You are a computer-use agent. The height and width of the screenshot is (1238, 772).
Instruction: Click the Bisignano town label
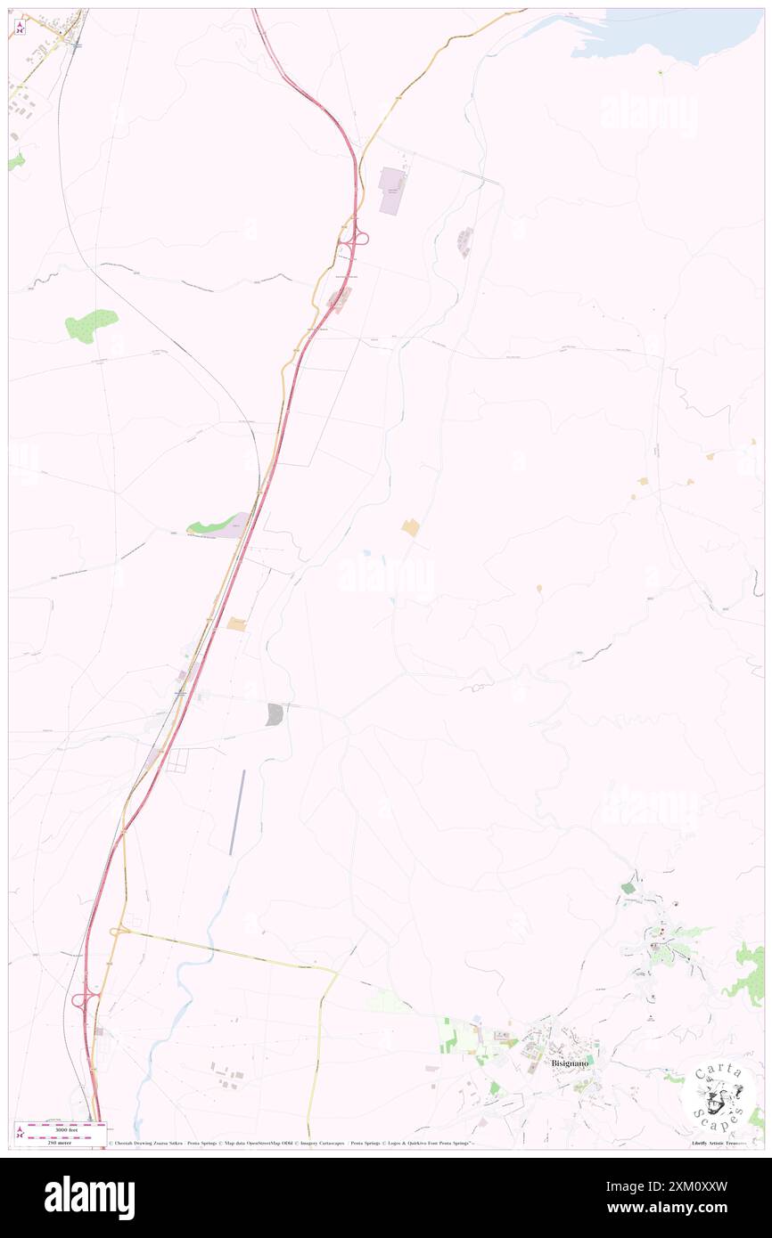tap(571, 1063)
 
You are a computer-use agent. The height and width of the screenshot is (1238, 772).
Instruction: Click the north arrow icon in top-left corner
tap(20, 28)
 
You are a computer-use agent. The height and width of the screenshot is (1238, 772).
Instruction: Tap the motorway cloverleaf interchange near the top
tap(356, 238)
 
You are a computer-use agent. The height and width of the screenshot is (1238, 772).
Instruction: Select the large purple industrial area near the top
tap(391, 190)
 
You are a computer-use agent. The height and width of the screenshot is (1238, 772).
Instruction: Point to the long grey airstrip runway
tap(236, 812)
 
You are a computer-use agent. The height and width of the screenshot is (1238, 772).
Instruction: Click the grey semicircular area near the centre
tap(275, 713)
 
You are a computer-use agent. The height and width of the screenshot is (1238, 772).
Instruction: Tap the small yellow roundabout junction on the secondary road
tap(117, 932)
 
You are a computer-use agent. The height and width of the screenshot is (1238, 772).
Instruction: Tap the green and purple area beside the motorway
tap(218, 525)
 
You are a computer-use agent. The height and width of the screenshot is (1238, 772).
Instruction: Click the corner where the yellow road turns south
tap(335, 972)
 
